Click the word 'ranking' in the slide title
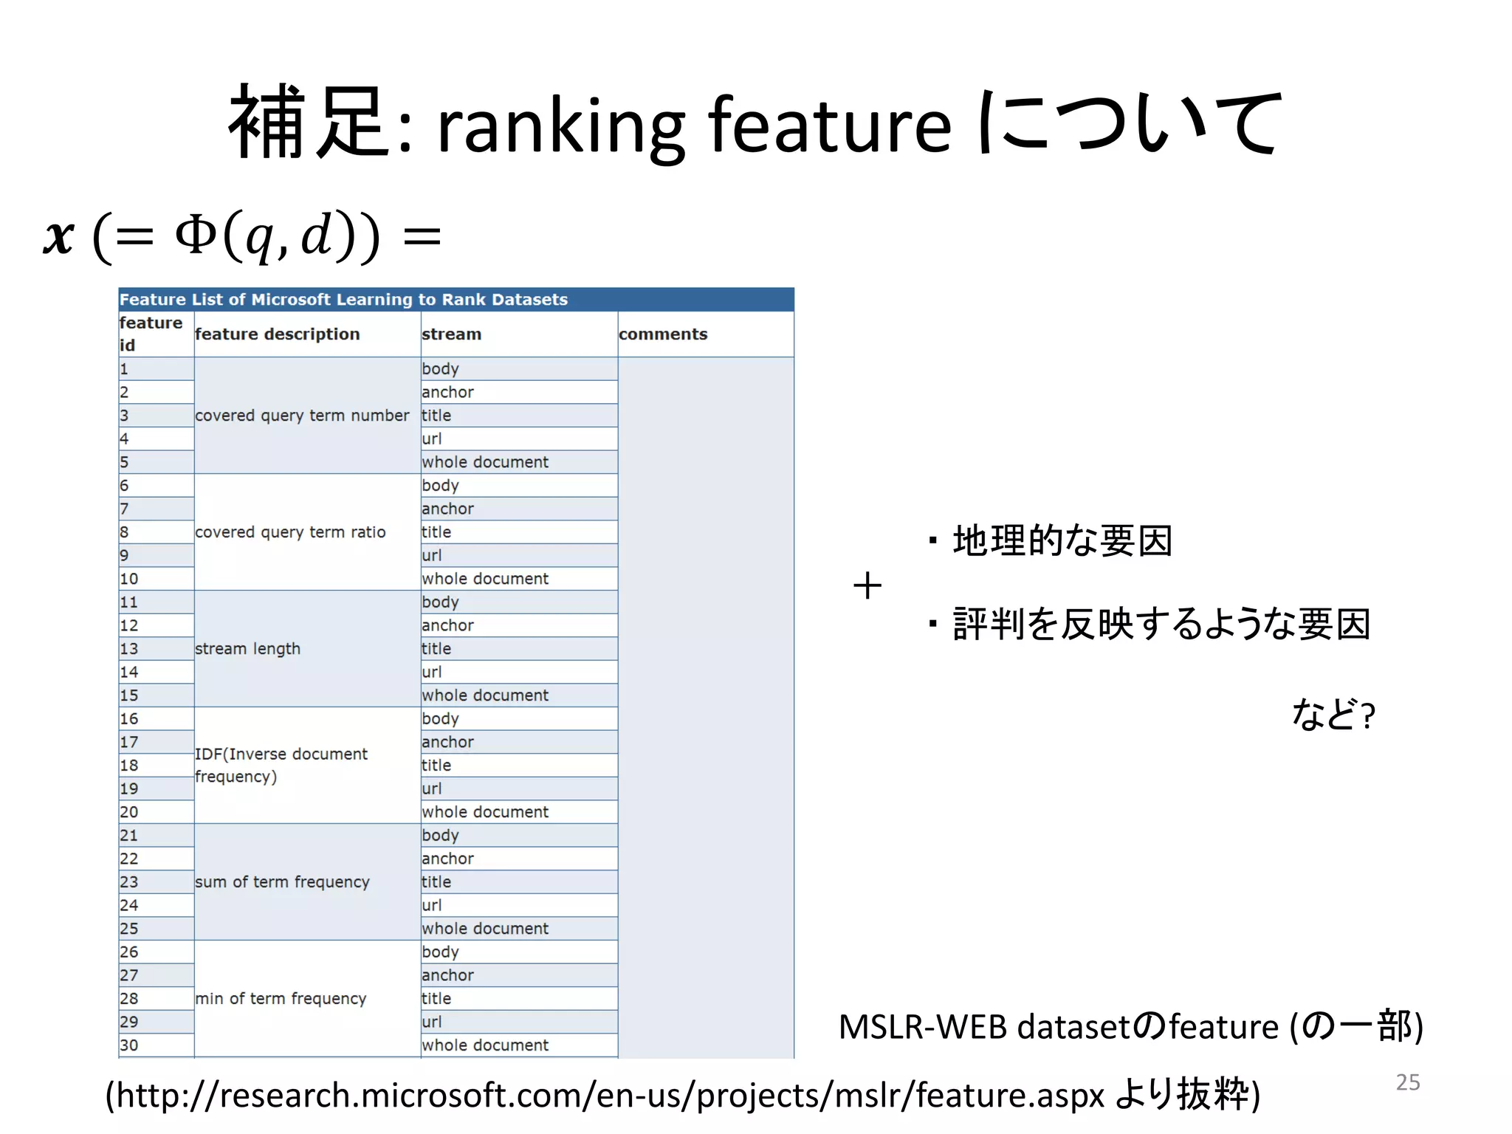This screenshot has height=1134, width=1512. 561,126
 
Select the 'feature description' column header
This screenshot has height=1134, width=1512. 278,334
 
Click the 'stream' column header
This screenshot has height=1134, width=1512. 451,334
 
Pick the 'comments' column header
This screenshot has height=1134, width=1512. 663,334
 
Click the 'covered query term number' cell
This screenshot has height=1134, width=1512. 301,415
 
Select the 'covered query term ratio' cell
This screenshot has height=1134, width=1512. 290,532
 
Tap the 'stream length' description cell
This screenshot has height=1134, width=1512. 248,648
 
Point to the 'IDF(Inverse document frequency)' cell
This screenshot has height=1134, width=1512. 281,764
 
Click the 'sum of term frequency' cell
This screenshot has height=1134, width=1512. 282,882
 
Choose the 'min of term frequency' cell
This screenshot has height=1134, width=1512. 281,998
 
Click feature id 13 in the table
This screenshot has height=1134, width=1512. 129,648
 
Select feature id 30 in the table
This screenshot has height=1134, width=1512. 129,1045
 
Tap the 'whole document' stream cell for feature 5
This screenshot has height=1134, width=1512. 485,461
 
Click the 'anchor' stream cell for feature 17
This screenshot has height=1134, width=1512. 447,741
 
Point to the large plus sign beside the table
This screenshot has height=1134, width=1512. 867,586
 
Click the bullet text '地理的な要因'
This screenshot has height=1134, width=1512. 1062,540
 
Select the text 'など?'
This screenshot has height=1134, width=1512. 1333,714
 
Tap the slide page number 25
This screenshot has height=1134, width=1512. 1407,1082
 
